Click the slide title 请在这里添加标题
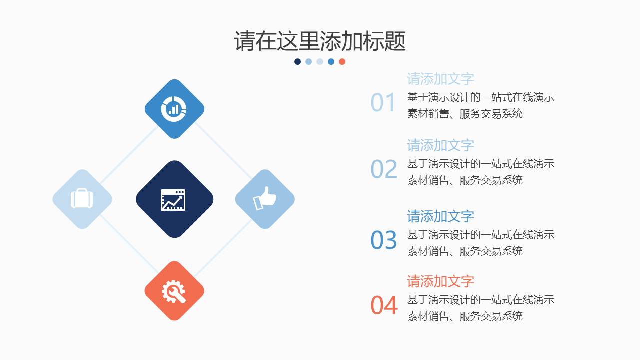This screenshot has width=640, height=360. click(x=320, y=41)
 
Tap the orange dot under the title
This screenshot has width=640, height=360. click(x=342, y=62)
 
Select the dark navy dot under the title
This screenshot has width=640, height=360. click(x=298, y=62)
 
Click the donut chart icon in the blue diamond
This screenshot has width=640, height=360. click(x=174, y=108)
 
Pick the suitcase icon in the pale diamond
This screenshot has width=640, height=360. click(x=82, y=199)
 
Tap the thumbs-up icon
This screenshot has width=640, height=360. click(x=265, y=198)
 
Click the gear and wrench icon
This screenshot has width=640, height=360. click(x=174, y=291)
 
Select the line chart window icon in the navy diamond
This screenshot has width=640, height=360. click(x=173, y=200)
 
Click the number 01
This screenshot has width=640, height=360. click(x=383, y=103)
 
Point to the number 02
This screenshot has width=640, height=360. click(x=384, y=169)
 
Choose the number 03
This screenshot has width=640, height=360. click(x=384, y=240)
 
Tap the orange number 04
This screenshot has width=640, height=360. click(x=384, y=305)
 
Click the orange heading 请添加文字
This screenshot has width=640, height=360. click(x=440, y=281)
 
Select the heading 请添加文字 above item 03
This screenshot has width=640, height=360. click(x=440, y=216)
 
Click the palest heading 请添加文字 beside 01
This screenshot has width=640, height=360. click(x=440, y=79)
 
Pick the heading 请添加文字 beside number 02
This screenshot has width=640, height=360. click(x=440, y=145)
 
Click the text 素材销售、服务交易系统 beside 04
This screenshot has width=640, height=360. click(x=465, y=316)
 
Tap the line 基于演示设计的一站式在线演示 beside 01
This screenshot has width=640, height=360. click(x=481, y=97)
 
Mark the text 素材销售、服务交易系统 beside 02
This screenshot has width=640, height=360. click(x=465, y=180)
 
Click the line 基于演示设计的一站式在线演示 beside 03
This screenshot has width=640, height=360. click(x=481, y=235)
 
